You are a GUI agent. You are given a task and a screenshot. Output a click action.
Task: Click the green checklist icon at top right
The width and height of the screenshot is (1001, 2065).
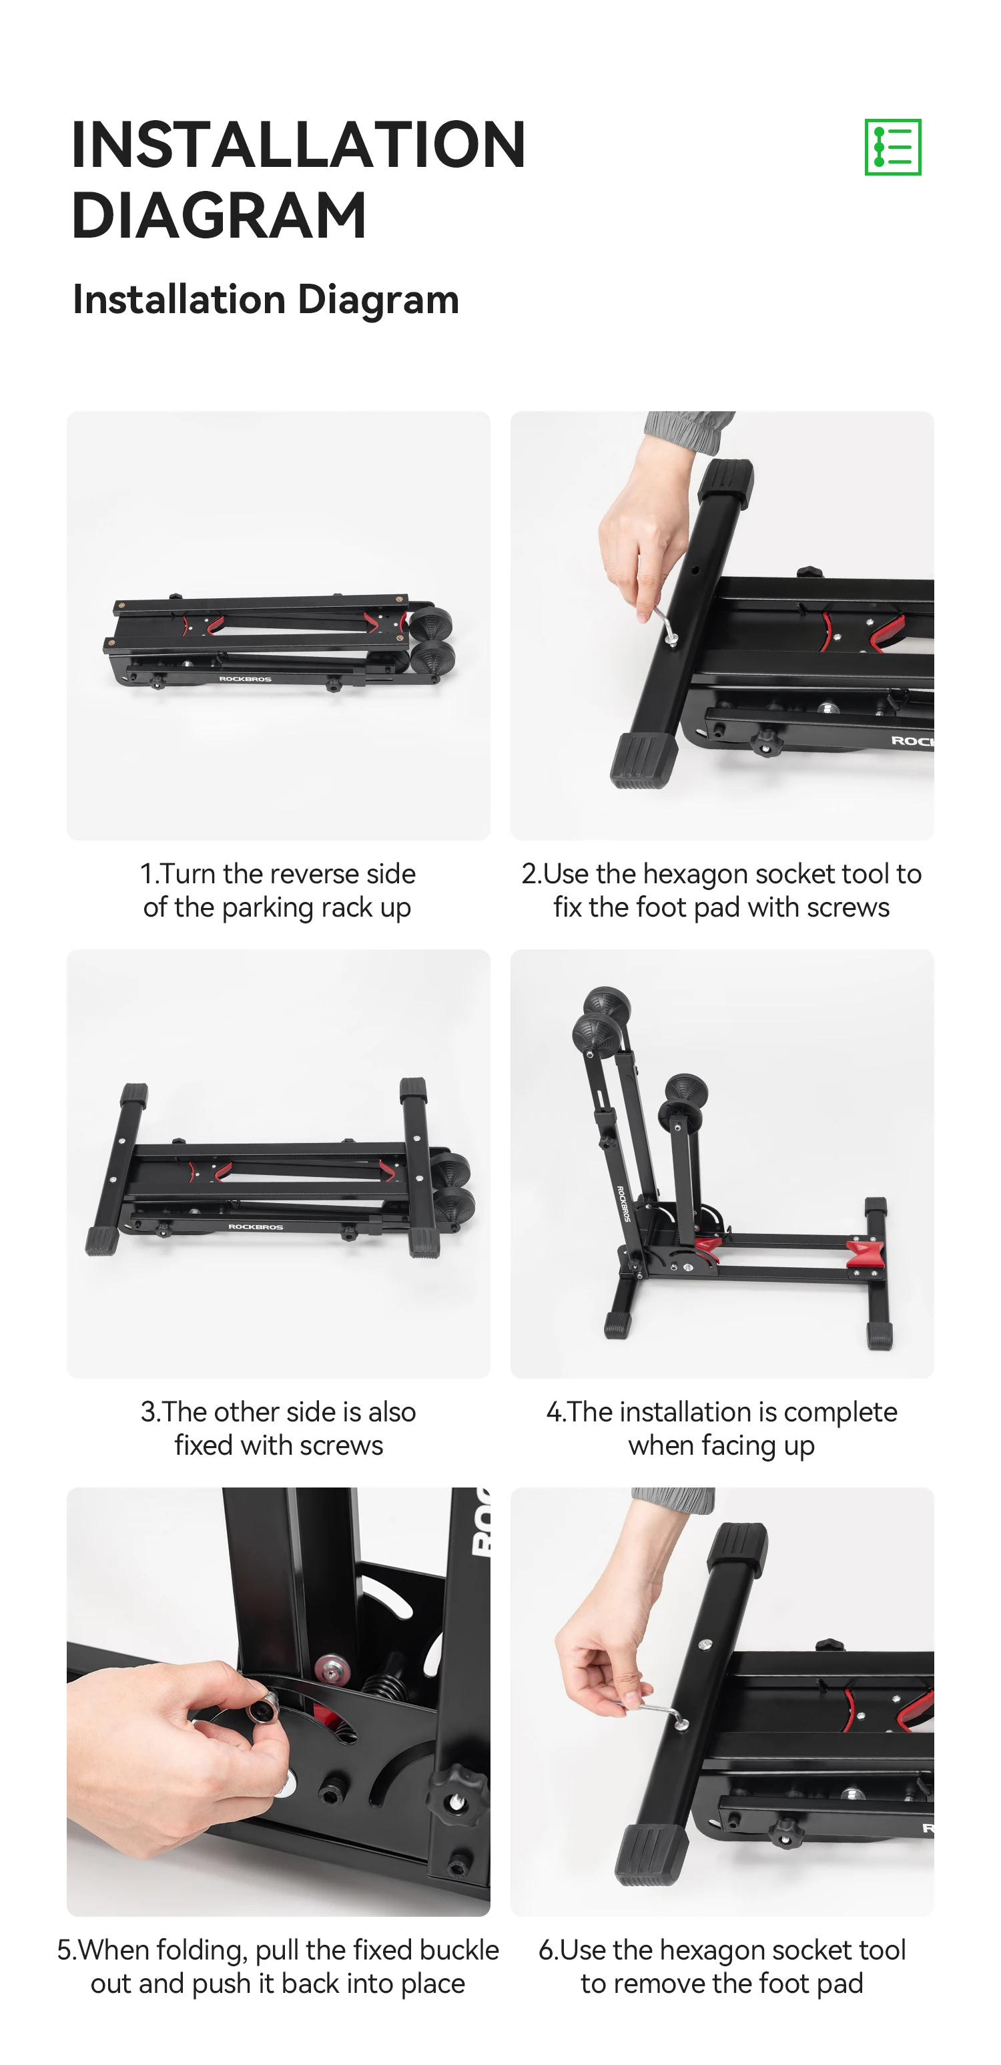tap(892, 147)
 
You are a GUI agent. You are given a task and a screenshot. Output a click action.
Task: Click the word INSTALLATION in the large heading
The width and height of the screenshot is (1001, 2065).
tap(298, 144)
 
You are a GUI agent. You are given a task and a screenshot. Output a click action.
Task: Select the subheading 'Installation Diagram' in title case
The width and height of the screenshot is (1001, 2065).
tap(266, 299)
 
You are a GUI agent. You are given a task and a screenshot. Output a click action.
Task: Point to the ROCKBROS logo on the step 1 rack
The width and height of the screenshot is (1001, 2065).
tap(245, 679)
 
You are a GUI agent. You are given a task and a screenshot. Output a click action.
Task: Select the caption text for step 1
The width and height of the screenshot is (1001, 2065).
tap(278, 890)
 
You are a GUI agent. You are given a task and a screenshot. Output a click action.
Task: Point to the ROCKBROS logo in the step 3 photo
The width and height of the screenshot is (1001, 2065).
tap(256, 1226)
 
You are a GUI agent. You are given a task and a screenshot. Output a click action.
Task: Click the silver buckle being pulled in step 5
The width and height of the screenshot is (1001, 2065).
tap(263, 1710)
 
